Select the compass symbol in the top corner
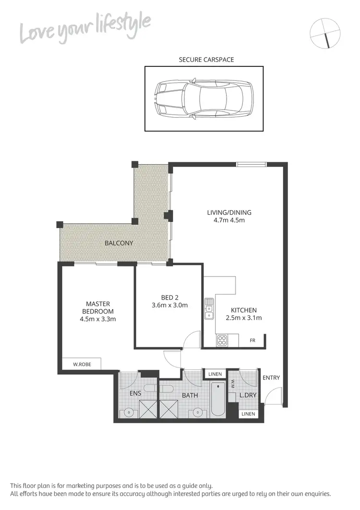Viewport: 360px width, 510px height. [325, 33]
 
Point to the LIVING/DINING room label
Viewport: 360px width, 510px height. [229, 212]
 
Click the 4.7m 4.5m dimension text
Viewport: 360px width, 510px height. [229, 220]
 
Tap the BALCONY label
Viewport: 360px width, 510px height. [119, 243]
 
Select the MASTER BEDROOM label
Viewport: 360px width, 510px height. [98, 307]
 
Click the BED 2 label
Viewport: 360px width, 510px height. [169, 297]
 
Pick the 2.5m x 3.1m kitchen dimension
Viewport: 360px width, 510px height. [244, 318]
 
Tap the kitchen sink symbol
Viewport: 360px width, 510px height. [209, 309]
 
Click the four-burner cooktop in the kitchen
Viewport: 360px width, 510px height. [222, 340]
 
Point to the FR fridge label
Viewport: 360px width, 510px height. [252, 340]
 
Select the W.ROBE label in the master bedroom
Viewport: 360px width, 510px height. [82, 364]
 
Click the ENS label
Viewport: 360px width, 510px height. [135, 393]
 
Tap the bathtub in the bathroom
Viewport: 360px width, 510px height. [216, 400]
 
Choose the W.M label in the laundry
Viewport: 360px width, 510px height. [233, 384]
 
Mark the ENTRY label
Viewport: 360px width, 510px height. [271, 378]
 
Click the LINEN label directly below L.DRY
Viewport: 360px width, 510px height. [249, 413]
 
